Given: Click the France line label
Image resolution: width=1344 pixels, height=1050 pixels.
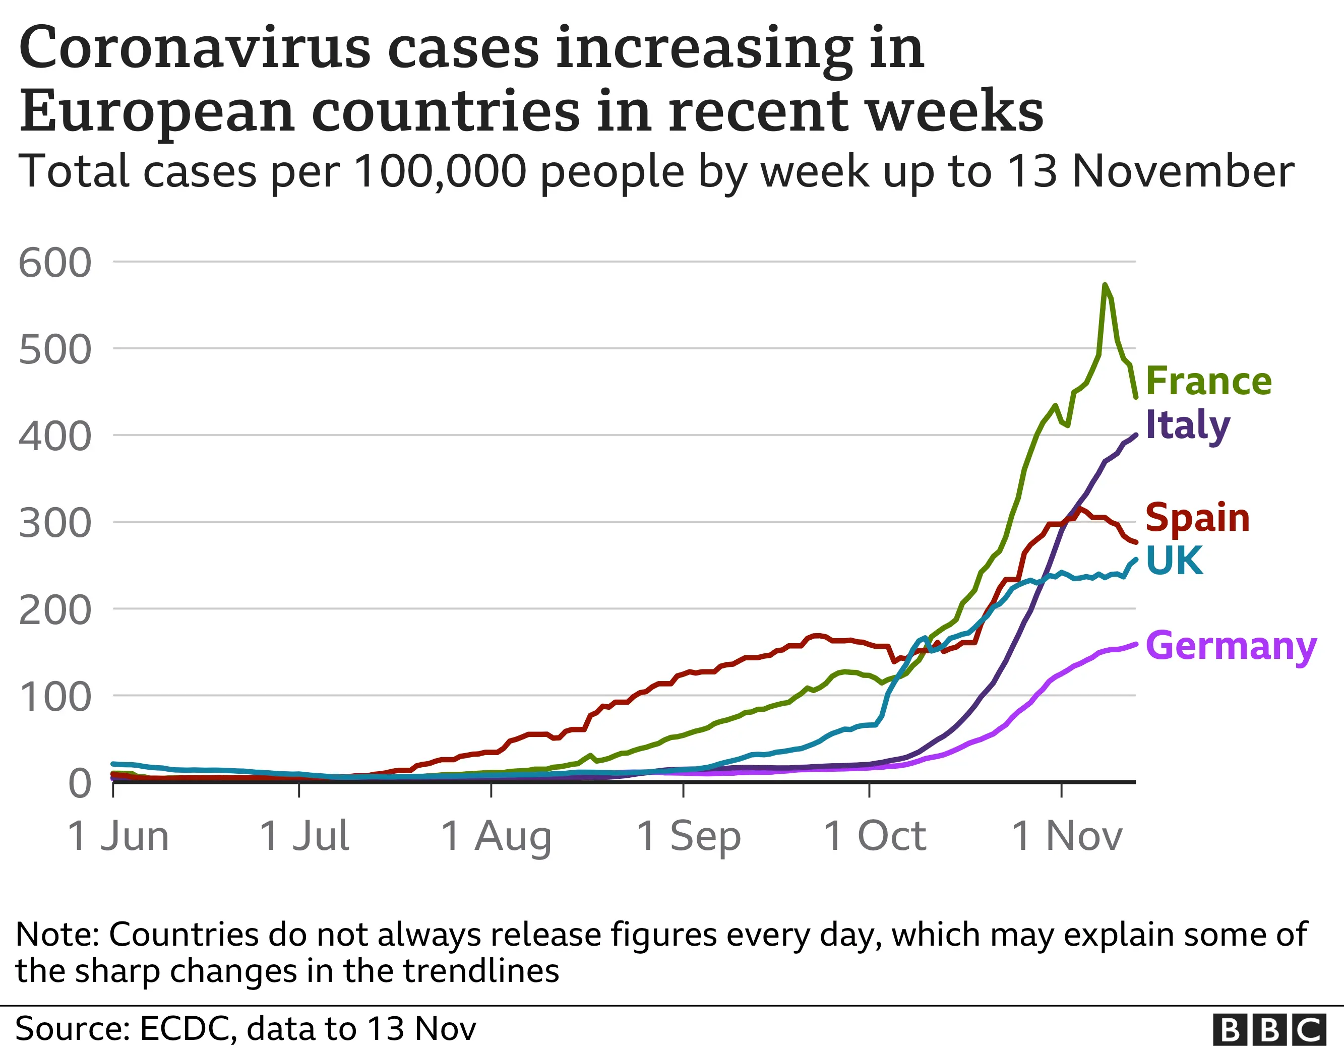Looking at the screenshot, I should pos(1208,381).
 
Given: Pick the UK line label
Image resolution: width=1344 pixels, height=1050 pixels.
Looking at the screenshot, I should pos(1174,561).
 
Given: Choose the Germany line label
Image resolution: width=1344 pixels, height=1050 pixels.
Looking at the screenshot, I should pos(1231,646).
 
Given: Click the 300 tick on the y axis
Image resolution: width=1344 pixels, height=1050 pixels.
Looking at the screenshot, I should pos(55,523).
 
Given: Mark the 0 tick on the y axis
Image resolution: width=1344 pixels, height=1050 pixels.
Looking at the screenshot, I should pos(80,783).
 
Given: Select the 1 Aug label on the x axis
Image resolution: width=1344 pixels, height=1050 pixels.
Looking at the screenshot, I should pos(496,836).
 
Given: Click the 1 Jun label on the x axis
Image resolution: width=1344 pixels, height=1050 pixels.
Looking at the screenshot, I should pos(118,836).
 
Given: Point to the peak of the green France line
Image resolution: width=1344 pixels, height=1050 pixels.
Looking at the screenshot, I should pos(1105,284).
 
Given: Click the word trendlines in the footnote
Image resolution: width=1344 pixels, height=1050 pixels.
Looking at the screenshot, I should pos(481,971).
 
